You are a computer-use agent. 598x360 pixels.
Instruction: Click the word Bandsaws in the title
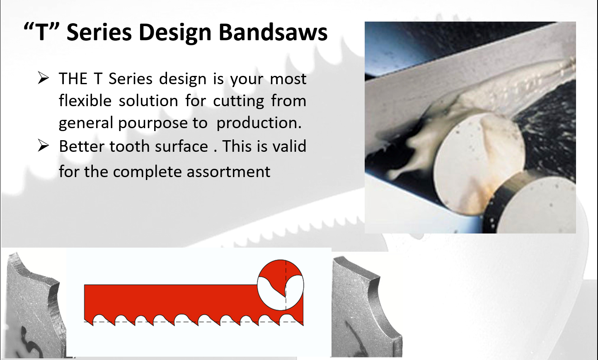(x=273, y=32)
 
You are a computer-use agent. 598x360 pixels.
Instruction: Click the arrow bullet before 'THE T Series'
(x=43, y=78)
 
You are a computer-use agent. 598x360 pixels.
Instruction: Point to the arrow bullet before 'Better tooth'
(x=43, y=146)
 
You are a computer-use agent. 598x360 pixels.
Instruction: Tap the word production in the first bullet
(x=259, y=123)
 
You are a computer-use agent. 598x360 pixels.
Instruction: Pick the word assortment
(x=228, y=172)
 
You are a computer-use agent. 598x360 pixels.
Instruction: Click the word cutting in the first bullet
(x=238, y=102)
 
